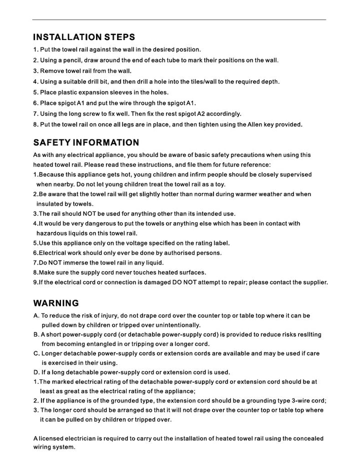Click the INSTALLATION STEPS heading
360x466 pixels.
pos(83,37)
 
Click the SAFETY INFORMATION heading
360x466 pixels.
pos(86,143)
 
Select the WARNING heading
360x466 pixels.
pos(56,303)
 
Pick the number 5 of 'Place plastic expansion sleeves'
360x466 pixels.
pos(35,92)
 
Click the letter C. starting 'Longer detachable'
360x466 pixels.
pos(36,353)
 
